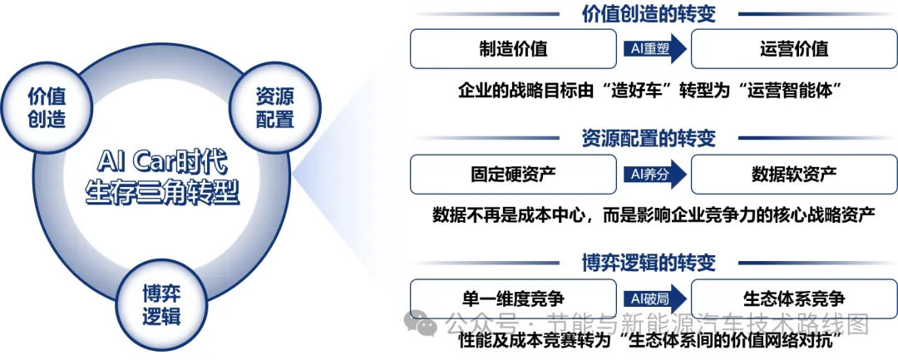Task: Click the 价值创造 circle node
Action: pos(47,107)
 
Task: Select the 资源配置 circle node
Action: pos(275,107)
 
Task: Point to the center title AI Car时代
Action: pos(162,165)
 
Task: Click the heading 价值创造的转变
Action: pos(649,14)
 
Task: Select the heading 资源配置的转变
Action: pos(649,138)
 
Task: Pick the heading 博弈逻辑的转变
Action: pos(649,263)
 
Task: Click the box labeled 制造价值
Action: pos(513,49)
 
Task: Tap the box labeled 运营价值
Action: pos(794,49)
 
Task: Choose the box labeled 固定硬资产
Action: pos(513,174)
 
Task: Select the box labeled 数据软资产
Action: pos(794,174)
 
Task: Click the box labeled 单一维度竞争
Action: pos(513,298)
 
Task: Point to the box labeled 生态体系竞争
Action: pos(794,298)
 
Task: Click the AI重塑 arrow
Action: pos(654,49)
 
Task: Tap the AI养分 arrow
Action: pos(654,174)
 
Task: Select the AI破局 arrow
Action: pos(654,298)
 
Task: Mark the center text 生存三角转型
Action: pos(162,194)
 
